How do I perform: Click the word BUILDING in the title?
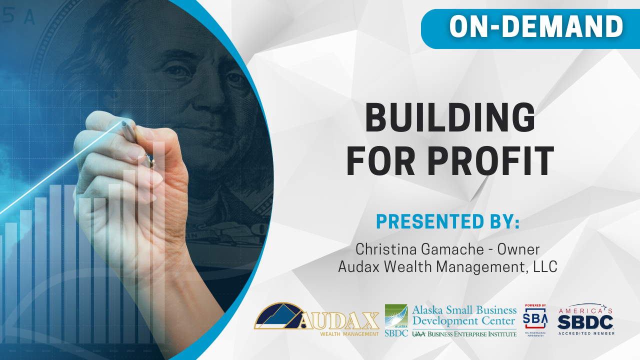(x=450, y=117)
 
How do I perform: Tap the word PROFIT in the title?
(x=483, y=161)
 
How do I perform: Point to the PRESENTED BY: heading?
(x=447, y=221)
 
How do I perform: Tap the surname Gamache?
(x=449, y=248)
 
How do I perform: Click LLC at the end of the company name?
(x=545, y=266)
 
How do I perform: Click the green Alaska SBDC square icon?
(x=396, y=315)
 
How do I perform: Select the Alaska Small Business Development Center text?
(x=464, y=315)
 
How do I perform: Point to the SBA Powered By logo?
(x=535, y=318)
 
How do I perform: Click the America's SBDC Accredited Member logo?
(x=586, y=319)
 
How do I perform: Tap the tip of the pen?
(x=123, y=122)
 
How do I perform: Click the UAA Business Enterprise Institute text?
(x=464, y=333)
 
